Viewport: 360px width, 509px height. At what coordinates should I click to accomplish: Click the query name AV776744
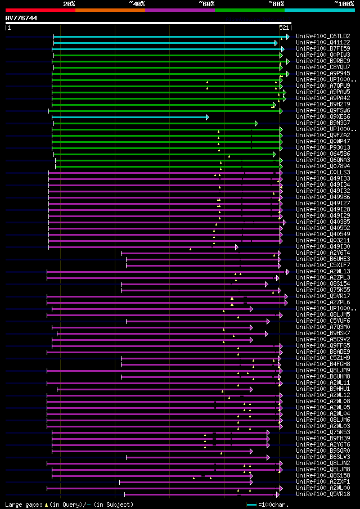(x=21, y=18)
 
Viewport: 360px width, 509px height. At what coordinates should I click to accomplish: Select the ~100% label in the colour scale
(x=344, y=3)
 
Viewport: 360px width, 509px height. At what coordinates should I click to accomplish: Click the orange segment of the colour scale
(x=110, y=10)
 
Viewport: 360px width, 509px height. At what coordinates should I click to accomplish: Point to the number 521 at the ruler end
(x=284, y=28)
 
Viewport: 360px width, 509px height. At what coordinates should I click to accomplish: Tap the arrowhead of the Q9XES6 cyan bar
(x=208, y=117)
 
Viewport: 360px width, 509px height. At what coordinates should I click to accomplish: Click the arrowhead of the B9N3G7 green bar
(x=256, y=123)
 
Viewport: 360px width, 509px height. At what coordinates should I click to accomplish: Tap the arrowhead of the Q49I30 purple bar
(x=237, y=247)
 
